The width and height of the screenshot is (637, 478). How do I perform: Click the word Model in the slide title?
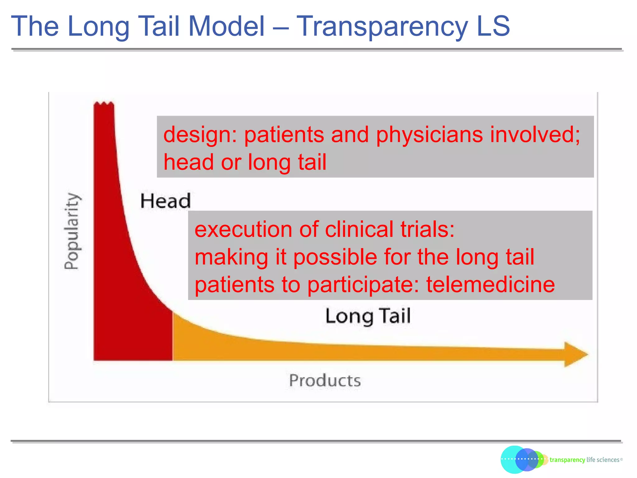click(x=226, y=26)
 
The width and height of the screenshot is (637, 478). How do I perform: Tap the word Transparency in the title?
click(x=382, y=26)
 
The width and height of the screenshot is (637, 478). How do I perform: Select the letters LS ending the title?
click(x=493, y=26)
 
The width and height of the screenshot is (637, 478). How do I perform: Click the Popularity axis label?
click(x=72, y=231)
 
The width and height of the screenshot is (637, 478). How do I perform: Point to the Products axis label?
click(x=325, y=381)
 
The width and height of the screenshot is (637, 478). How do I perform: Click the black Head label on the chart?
click(x=165, y=201)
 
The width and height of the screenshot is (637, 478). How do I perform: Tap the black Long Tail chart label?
click(x=368, y=316)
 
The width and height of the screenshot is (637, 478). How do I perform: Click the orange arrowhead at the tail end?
click(x=575, y=354)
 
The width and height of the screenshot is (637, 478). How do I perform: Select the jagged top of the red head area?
click(x=104, y=104)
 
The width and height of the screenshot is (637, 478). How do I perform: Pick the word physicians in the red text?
click(x=429, y=135)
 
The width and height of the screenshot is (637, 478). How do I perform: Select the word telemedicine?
click(x=490, y=285)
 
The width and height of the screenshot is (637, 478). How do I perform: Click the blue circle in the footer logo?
click(x=526, y=460)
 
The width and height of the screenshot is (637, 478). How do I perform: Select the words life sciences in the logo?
click(x=603, y=460)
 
